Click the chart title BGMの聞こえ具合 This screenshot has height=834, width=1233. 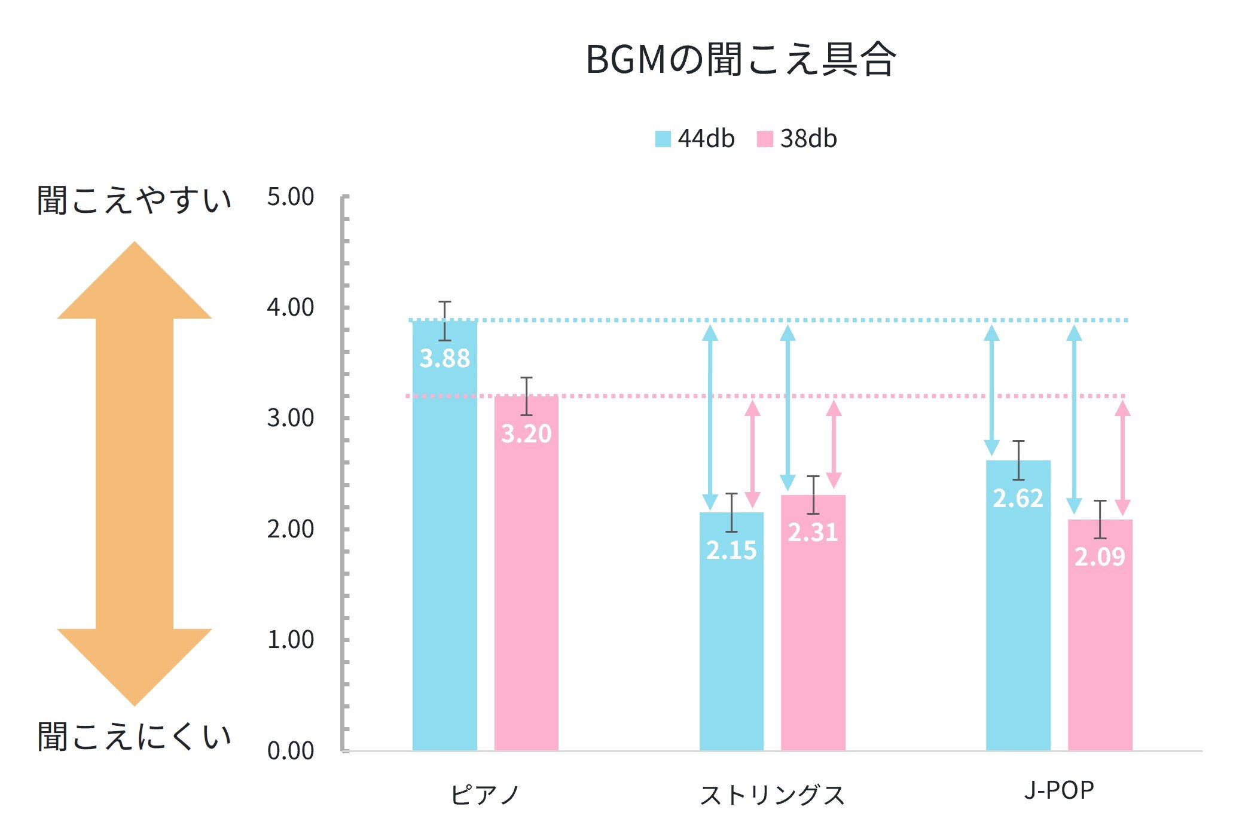pos(740,60)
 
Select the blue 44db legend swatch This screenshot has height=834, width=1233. pos(663,139)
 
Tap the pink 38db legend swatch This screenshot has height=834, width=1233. pos(764,139)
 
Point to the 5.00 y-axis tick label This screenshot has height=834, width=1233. pos(291,197)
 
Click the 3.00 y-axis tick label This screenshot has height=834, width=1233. pos(291,418)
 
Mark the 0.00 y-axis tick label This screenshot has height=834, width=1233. pos(291,751)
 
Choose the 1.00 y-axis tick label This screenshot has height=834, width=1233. pos(291,640)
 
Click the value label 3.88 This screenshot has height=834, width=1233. pos(444,359)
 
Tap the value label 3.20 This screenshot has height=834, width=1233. pos(526,433)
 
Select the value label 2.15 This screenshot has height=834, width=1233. pos(731,550)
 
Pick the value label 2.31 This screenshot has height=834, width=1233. pos(813,532)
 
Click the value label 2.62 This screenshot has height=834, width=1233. pos(1018,498)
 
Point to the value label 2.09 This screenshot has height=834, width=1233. pos(1100,557)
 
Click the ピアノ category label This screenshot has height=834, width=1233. pos(484,795)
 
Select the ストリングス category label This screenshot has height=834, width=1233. pos(772,795)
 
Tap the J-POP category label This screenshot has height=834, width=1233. pos(1059,790)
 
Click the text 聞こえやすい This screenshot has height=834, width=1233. pos(135,200)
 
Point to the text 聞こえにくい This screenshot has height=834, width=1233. pos(135,737)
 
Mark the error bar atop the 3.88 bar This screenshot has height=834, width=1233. pos(444,320)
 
